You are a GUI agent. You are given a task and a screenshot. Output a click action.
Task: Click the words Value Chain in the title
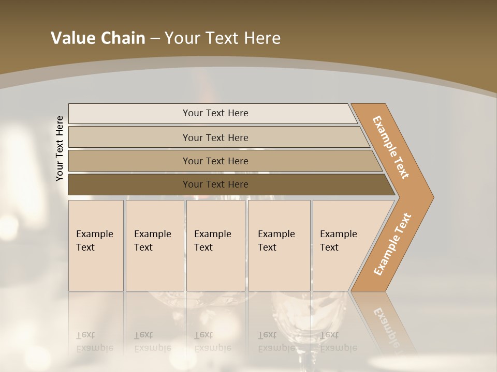(x=98, y=38)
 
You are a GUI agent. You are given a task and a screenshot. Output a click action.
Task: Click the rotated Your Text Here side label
(x=60, y=148)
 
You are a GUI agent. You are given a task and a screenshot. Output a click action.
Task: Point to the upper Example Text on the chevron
(x=391, y=147)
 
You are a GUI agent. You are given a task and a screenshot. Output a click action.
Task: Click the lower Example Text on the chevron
(x=392, y=244)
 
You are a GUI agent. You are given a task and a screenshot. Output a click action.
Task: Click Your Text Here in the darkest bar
(x=215, y=184)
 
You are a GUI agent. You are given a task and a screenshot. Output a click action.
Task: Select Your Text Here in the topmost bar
(x=215, y=113)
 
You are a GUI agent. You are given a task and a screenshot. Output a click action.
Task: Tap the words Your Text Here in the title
(x=223, y=38)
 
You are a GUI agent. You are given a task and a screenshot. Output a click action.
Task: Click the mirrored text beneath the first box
(x=94, y=342)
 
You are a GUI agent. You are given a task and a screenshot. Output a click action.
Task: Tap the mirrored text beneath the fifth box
(x=338, y=342)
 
